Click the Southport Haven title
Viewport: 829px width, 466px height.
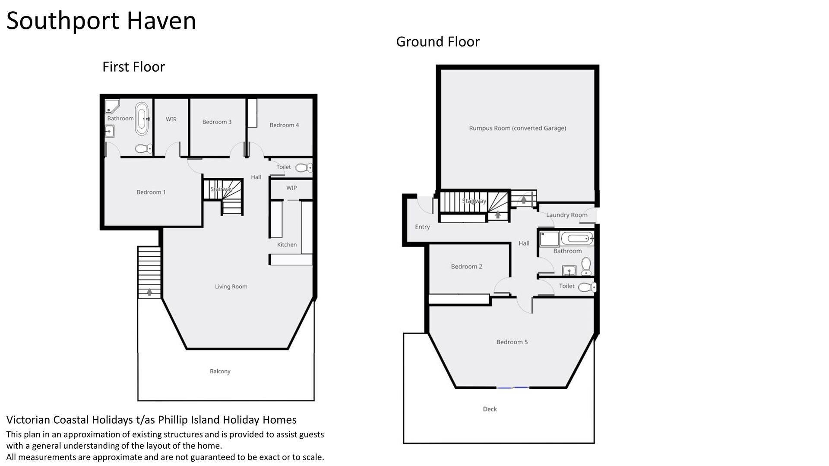pos(101,21)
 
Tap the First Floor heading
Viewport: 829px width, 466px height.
pos(133,67)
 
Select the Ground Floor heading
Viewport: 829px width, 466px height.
pos(438,42)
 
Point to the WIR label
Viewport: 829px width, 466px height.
pos(171,119)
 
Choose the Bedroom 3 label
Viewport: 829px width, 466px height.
pos(217,122)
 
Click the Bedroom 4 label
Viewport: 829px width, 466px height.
pos(284,125)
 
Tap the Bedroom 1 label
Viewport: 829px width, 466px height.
pos(151,192)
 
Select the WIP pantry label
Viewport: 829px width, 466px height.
pos(291,188)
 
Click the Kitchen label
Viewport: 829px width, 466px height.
pos(287,245)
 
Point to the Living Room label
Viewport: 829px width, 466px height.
pos(231,287)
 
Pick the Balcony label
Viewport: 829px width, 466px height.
pos(220,372)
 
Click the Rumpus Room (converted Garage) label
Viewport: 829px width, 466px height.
pos(517,128)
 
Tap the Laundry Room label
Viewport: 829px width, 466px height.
pos(566,215)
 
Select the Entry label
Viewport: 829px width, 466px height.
pos(422,227)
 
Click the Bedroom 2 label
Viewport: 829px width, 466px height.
pos(466,267)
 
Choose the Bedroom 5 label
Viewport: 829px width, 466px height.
pos(512,342)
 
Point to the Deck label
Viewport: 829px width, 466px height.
pos(490,409)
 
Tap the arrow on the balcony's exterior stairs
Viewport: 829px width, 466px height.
pos(149,292)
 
